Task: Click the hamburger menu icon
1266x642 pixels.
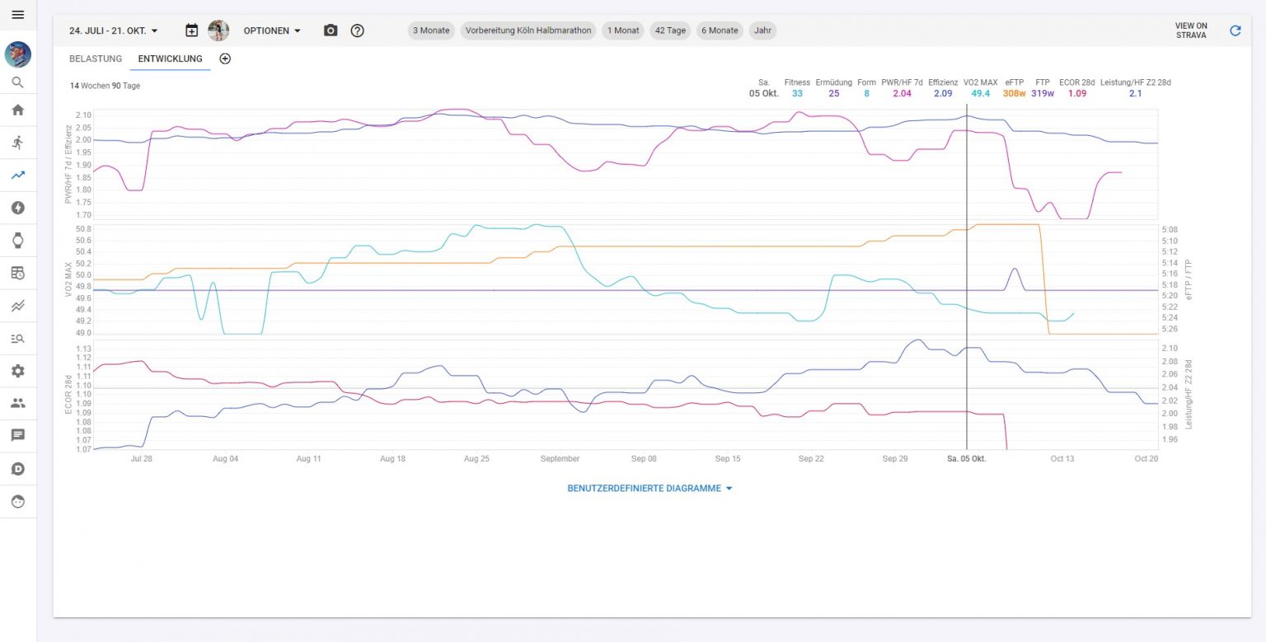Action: coord(18,15)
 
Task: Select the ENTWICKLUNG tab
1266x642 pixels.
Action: coord(171,59)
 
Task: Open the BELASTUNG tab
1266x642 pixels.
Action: coord(96,59)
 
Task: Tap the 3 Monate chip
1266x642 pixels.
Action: coord(431,30)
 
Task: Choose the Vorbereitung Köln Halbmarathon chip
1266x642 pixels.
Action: coord(528,30)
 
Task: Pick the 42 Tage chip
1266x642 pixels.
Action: coord(670,30)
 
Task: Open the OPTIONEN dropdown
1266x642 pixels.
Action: coord(272,30)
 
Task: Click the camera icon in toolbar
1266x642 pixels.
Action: coord(331,30)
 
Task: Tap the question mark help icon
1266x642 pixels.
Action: coord(357,30)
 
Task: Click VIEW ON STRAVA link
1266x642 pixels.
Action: coord(1191,30)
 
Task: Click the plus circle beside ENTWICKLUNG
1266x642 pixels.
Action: coord(225,59)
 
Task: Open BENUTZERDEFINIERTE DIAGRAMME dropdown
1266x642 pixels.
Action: coord(649,488)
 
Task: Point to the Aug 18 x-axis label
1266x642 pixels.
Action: coord(392,459)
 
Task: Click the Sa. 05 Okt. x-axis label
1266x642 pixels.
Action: coord(967,459)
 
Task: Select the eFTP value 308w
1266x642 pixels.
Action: coord(1014,94)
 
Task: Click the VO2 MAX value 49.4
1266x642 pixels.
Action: coord(980,94)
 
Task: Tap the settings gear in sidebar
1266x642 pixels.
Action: coord(18,371)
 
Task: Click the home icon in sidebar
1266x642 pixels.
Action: coord(18,110)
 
